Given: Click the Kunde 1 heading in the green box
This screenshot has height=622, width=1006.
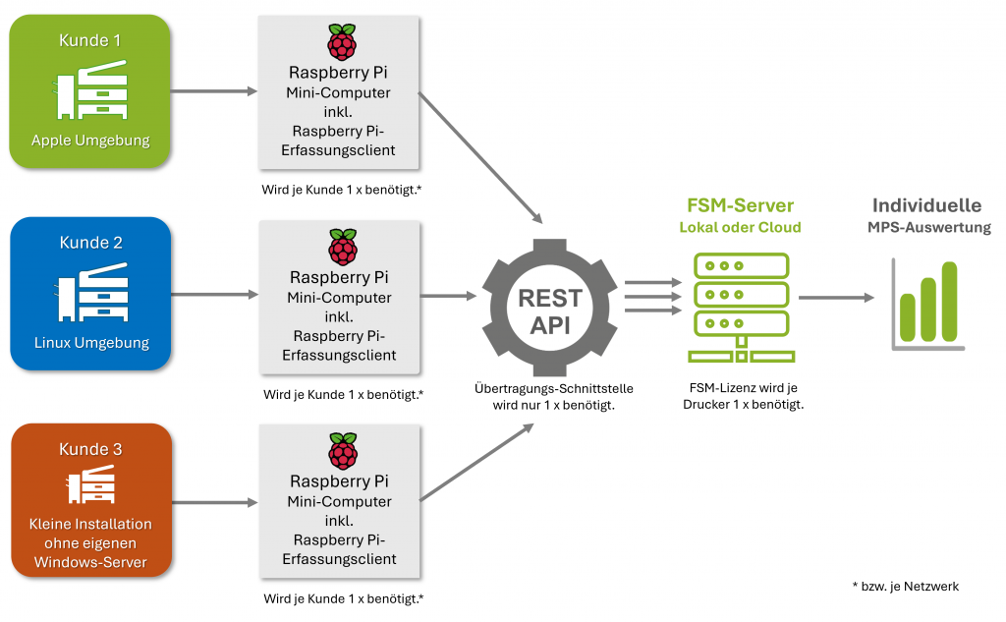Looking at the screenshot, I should click(90, 40).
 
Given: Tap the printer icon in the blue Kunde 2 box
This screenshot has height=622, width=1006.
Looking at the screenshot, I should click(90, 296).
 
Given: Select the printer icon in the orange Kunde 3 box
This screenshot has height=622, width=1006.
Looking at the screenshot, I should click(90, 485).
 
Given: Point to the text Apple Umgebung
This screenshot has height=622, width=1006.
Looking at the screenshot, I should click(90, 141).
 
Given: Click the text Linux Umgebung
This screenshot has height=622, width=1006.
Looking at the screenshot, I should click(90, 343).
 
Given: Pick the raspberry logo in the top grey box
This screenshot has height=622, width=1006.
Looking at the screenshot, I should click(341, 43).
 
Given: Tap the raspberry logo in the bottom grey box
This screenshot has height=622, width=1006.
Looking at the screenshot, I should click(341, 450).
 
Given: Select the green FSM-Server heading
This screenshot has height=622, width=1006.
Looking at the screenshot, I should click(740, 205).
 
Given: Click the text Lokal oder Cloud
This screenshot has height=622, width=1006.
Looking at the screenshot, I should click(740, 227).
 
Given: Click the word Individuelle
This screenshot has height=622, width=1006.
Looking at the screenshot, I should click(926, 205).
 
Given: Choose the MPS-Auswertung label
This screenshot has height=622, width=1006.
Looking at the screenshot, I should click(928, 227).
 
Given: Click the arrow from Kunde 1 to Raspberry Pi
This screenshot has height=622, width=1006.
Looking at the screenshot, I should click(212, 92).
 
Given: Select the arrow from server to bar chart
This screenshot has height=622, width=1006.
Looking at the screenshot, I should click(835, 297).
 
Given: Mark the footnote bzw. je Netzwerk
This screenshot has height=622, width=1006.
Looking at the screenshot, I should click(905, 586).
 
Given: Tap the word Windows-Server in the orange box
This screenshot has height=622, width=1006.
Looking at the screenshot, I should click(90, 562).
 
